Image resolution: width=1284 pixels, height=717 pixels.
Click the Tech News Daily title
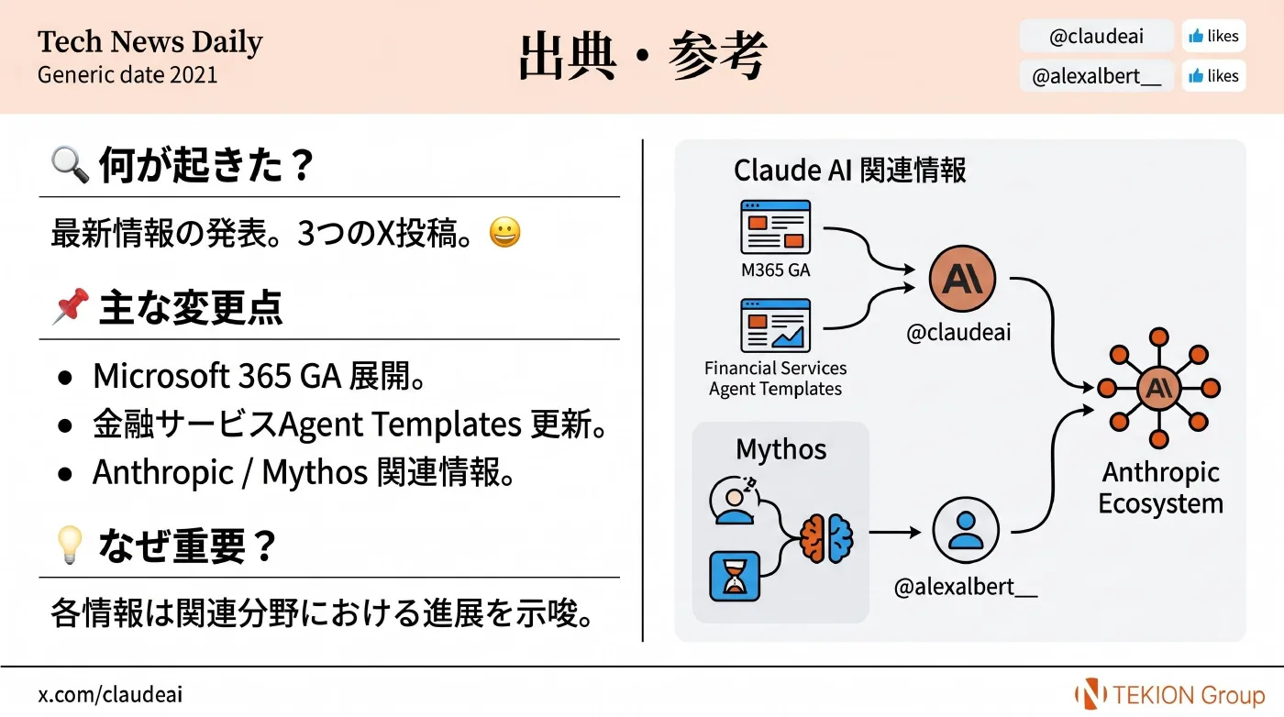click(x=150, y=42)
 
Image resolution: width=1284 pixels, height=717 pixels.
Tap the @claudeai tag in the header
click(x=1097, y=36)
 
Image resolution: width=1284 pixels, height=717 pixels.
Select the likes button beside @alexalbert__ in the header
click(x=1213, y=76)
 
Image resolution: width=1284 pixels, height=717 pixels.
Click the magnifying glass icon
click(x=70, y=164)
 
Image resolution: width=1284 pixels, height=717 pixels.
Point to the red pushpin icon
click(x=71, y=306)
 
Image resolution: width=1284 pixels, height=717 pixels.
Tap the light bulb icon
click(x=70, y=545)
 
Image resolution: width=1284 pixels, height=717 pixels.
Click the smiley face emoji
click(x=505, y=232)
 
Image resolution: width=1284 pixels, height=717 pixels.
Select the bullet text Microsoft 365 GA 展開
click(x=259, y=376)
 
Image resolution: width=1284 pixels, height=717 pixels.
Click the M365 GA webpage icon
click(x=776, y=227)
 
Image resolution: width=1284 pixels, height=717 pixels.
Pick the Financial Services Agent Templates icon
click(x=776, y=325)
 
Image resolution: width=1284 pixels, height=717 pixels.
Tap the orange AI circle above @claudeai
click(x=962, y=279)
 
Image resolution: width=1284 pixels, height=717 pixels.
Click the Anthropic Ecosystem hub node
click(x=1158, y=388)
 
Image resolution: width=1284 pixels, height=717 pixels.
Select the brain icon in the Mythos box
click(x=826, y=538)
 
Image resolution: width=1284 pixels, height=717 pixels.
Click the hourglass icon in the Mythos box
click(x=735, y=576)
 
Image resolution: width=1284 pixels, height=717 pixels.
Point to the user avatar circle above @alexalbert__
click(x=966, y=530)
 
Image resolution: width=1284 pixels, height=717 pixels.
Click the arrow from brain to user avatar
click(x=895, y=533)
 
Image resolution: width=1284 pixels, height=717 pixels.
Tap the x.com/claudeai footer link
click(x=110, y=695)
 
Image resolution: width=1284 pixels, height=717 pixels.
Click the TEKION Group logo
click(x=1170, y=694)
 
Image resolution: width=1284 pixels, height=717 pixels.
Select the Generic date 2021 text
click(x=127, y=75)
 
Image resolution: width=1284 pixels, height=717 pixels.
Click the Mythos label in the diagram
click(x=780, y=448)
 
